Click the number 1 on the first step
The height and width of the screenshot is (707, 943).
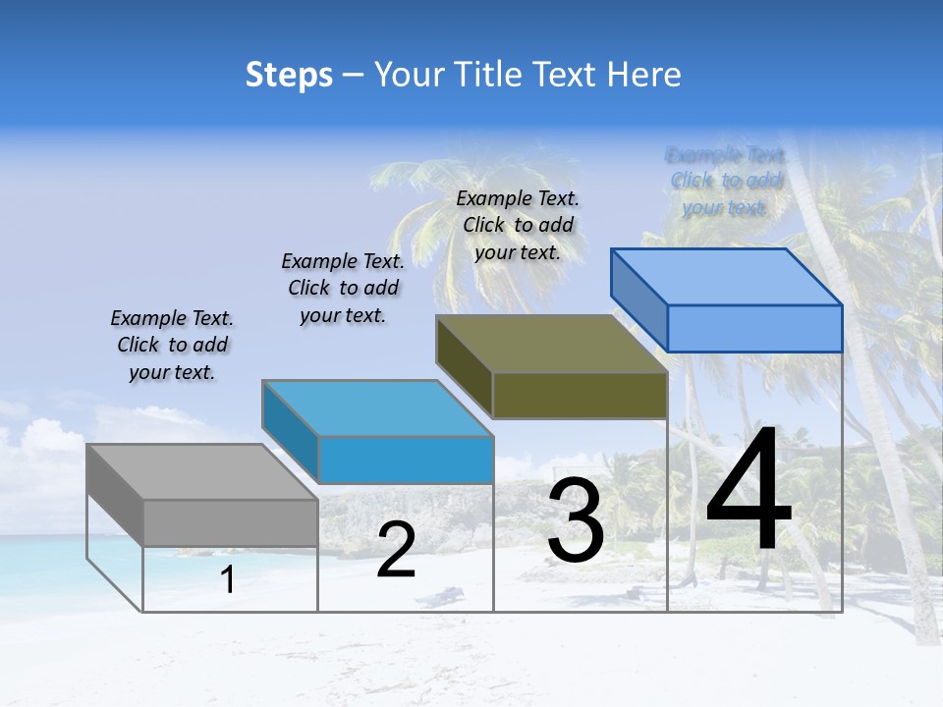point(228,580)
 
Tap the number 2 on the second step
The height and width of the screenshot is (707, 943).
point(396,550)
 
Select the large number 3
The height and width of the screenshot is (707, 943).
point(576,520)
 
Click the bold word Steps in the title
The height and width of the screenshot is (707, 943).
point(289,75)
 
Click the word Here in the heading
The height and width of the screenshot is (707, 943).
point(643,75)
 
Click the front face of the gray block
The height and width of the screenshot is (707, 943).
point(230,522)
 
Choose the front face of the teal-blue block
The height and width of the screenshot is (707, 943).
point(406,460)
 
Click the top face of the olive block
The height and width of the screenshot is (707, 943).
point(551,344)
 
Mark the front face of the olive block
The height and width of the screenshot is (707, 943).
point(580,395)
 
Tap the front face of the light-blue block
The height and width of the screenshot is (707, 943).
point(754,328)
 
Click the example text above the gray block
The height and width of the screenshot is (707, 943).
point(172,346)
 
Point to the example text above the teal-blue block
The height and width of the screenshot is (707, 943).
point(343,289)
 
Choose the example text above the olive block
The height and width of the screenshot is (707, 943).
point(518,226)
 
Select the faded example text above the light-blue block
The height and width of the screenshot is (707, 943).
point(725,181)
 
